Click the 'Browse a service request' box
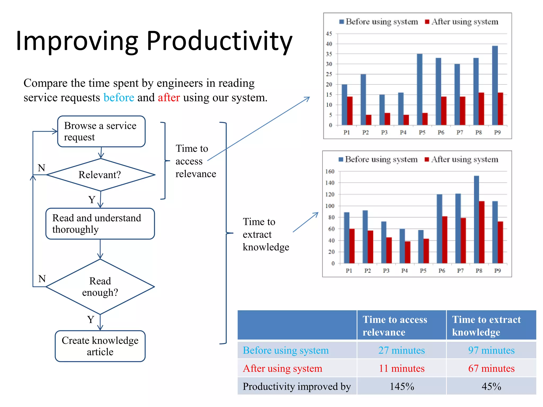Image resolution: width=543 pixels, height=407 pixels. click(x=101, y=131)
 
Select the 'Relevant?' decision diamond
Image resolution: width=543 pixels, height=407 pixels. click(x=100, y=175)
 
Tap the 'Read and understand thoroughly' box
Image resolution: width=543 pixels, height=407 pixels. click(x=100, y=224)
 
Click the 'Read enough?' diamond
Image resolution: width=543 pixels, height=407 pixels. click(x=100, y=287)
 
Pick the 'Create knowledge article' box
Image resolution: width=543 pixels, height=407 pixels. click(x=100, y=346)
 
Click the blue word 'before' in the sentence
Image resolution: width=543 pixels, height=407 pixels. click(x=119, y=98)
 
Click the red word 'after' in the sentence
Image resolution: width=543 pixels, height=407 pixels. click(x=169, y=98)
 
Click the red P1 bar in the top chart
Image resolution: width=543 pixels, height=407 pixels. click(x=350, y=111)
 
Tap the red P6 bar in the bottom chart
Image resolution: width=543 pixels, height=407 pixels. click(x=445, y=240)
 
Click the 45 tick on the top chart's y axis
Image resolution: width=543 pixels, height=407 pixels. click(x=329, y=34)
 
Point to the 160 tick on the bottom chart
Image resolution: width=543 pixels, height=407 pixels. click(x=330, y=171)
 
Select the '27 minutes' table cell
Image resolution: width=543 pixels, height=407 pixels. click(x=401, y=350)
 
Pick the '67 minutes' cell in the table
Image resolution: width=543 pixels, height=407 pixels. click(x=491, y=368)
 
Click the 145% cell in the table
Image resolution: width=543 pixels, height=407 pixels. click(x=401, y=386)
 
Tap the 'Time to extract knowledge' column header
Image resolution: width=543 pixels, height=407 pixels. click(x=491, y=325)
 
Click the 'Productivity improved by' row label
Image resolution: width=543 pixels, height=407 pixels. click(x=297, y=386)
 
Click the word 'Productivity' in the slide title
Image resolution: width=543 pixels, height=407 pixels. click(x=219, y=41)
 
